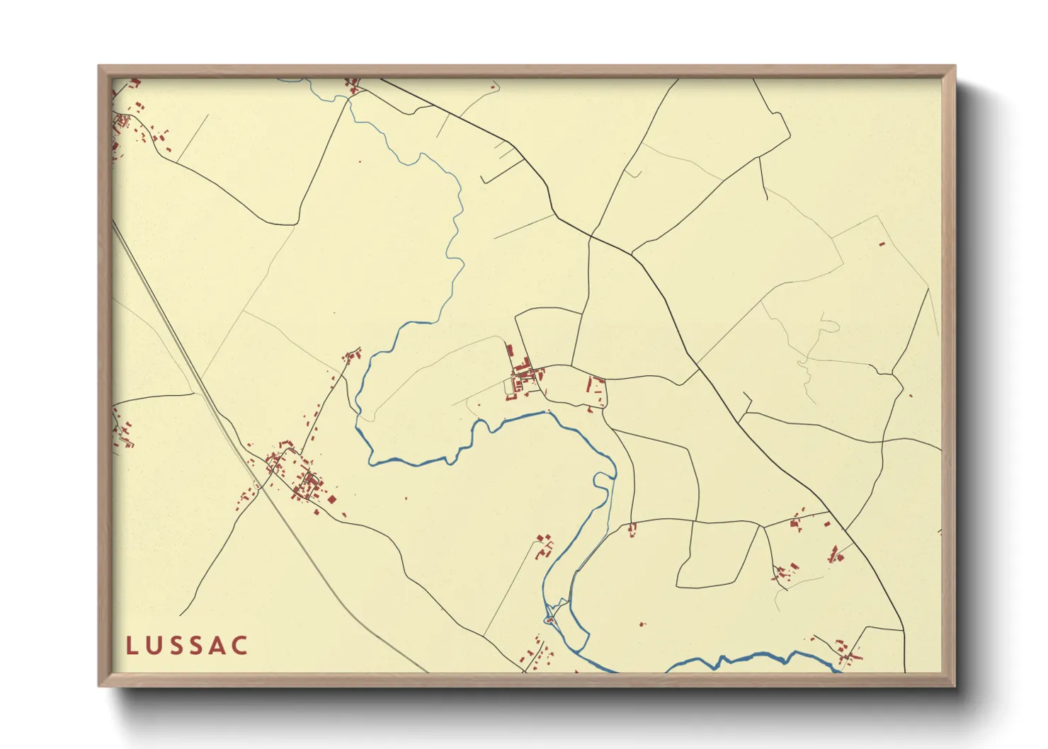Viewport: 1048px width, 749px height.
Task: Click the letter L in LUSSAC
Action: tap(132, 646)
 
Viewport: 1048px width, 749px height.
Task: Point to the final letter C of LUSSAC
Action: tap(241, 646)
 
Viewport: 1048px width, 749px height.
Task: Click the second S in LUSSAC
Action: tap(197, 646)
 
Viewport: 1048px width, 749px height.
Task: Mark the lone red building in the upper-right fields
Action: tap(882, 244)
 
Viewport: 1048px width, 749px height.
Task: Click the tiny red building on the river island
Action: tap(549, 621)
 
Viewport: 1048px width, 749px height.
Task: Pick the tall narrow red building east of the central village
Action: tap(588, 385)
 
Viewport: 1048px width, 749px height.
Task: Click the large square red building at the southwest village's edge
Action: tap(331, 499)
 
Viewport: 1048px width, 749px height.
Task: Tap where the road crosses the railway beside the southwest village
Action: tap(261, 486)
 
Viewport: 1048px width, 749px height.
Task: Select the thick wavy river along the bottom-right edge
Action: tap(751, 659)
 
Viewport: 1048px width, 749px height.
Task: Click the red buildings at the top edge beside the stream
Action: tap(352, 86)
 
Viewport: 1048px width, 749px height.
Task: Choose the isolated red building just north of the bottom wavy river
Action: tap(642, 624)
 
